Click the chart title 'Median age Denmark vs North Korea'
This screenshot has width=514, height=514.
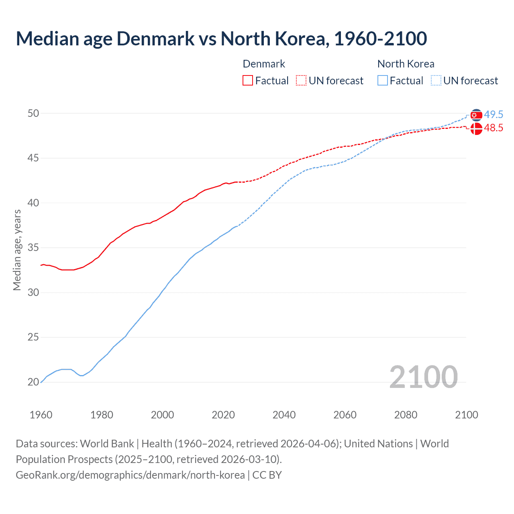(x=221, y=39)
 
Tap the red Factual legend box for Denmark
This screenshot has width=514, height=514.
(x=248, y=81)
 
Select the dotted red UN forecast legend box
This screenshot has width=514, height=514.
(x=301, y=81)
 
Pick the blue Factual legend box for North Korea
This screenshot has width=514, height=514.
(x=383, y=81)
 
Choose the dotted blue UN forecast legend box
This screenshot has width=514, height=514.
(x=436, y=81)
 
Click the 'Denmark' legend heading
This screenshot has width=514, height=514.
(x=264, y=64)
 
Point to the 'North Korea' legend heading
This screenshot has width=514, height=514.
(x=406, y=64)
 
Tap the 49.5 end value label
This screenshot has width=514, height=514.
(x=494, y=114)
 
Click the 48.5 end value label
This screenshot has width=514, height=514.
(x=494, y=128)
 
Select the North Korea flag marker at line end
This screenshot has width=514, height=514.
(x=476, y=115)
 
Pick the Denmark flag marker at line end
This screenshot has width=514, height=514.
(x=476, y=128)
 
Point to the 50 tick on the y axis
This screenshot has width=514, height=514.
(x=33, y=113)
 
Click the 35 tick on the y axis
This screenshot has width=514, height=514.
(x=33, y=248)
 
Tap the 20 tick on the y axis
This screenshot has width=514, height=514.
(x=33, y=382)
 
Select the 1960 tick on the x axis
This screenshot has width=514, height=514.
(x=41, y=415)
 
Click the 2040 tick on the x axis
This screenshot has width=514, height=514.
(x=284, y=415)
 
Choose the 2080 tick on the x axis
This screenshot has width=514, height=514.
(x=406, y=415)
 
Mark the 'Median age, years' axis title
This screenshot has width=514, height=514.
(x=17, y=250)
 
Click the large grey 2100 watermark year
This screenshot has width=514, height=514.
(x=423, y=377)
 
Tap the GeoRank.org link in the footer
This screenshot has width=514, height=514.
(x=130, y=475)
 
